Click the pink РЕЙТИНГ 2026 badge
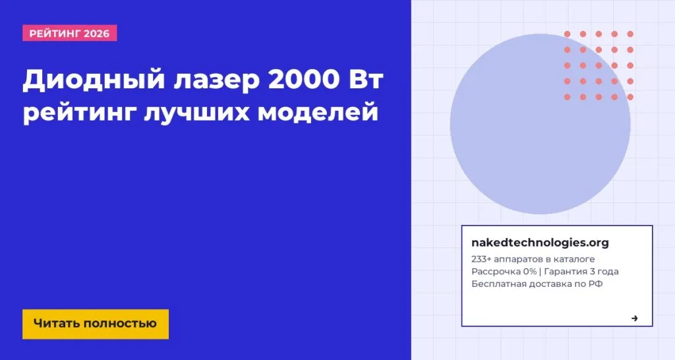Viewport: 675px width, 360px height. [x=70, y=33]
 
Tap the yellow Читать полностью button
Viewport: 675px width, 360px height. [x=96, y=324]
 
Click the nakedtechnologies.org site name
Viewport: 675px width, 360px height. [x=540, y=243]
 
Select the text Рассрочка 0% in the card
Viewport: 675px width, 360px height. [x=503, y=272]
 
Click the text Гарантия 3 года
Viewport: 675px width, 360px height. [x=581, y=272]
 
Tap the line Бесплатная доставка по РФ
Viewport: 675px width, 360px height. [x=537, y=284]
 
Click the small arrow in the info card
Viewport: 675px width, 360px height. [x=634, y=318]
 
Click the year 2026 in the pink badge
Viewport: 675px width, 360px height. [x=97, y=33]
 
